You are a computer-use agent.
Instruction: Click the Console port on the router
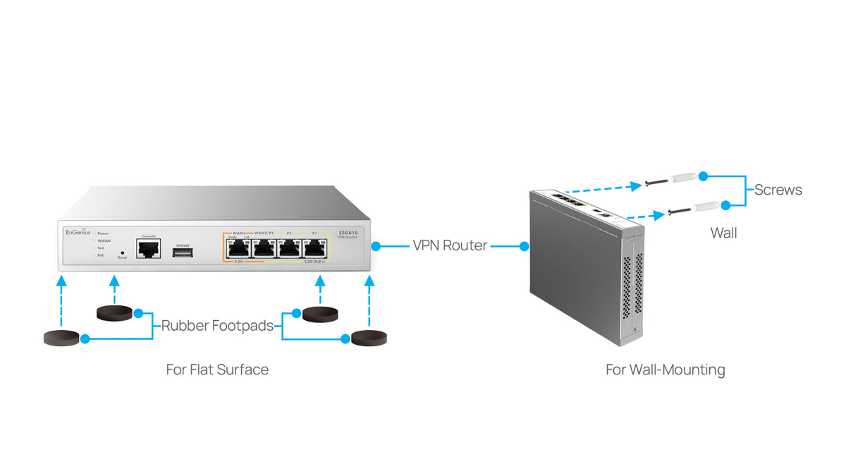148,248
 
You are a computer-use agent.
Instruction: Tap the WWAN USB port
183,252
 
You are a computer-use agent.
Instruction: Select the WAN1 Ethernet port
237,248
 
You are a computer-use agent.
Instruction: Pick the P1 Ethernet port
314,248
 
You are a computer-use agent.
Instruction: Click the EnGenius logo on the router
78,232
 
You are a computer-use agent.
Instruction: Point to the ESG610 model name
347,232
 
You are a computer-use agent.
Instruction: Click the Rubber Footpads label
218,326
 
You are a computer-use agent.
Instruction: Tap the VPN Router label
450,246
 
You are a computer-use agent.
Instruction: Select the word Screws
778,190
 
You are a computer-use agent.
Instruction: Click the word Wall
723,233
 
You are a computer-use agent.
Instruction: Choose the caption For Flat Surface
217,370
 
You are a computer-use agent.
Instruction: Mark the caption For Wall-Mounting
665,370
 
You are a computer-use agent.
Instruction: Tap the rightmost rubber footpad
369,338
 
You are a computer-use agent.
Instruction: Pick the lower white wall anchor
705,206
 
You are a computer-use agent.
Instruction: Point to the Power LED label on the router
103,233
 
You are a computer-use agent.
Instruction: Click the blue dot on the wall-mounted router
525,246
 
